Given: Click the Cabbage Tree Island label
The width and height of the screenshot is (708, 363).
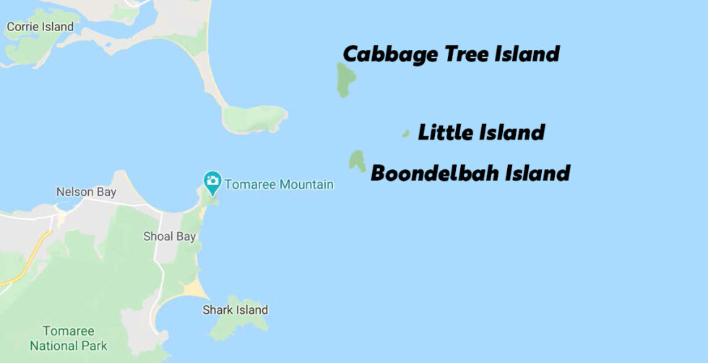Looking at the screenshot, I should tap(451, 54).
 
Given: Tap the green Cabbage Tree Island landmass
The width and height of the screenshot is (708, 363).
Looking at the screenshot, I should tap(345, 78).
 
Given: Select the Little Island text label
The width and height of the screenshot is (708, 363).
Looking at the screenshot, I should tap(481, 132).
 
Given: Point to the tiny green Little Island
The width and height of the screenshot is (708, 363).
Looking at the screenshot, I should tap(406, 133).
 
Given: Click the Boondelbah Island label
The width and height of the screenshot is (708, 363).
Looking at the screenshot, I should tap(470, 174).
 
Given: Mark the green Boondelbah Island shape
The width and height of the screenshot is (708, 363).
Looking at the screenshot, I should tap(357, 161).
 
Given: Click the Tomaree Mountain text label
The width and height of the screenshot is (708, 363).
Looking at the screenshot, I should tap(279, 184).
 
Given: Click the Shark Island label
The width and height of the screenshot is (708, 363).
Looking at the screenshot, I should tap(235, 310).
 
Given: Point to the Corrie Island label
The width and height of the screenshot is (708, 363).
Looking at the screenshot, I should tap(40, 27).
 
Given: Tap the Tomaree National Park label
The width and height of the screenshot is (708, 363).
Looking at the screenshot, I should tap(69, 338).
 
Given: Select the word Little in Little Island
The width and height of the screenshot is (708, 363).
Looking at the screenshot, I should tap(441, 132).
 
